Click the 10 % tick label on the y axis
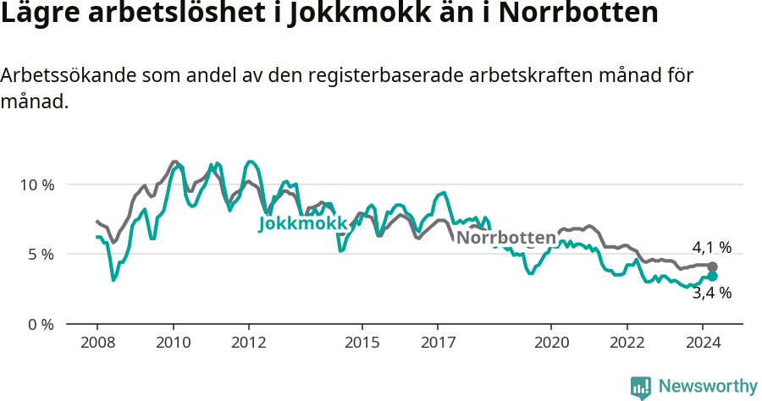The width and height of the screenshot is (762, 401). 36,184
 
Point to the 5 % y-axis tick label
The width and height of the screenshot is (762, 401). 40,255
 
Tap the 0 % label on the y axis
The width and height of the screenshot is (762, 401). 40,324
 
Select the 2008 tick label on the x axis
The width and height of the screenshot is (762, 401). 97,343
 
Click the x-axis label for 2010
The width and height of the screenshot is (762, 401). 173,343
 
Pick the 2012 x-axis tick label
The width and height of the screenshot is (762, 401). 249,343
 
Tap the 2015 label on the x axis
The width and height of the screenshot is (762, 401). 362,343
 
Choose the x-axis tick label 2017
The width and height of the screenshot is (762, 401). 438,343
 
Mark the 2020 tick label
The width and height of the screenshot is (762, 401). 551,343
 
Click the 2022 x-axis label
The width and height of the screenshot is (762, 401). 627,343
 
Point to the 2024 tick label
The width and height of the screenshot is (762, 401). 703,343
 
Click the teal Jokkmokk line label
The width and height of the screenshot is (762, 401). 302,224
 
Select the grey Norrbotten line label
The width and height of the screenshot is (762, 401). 506,238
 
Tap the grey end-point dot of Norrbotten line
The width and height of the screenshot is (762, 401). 712,266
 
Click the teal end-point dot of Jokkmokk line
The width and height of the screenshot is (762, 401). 712,277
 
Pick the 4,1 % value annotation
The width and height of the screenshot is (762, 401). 711,248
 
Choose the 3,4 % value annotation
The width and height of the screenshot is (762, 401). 711,294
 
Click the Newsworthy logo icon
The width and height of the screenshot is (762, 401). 641,387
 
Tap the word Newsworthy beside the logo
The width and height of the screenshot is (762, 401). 708,387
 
